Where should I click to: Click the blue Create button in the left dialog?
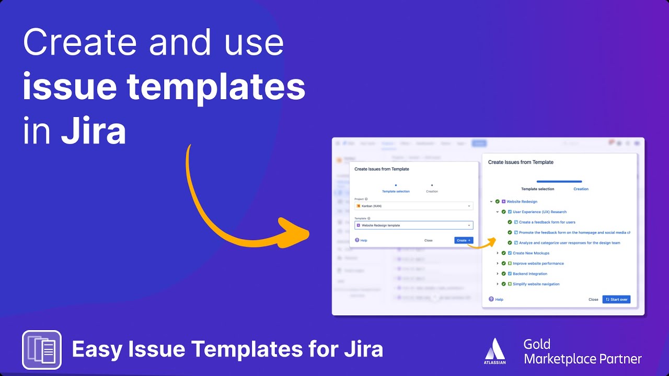[463, 240]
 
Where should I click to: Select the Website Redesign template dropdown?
[413, 225]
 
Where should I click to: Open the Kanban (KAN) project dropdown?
[413, 206]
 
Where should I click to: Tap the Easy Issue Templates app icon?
[42, 350]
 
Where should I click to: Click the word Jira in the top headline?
[94, 132]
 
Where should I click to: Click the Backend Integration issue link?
[530, 274]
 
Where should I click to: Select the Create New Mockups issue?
[531, 253]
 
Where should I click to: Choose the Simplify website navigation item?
[536, 284]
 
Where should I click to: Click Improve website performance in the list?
[538, 263]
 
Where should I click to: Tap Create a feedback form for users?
[547, 222]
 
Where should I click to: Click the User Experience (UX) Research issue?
[539, 212]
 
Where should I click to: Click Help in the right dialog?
[499, 300]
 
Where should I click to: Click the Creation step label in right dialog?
[581, 189]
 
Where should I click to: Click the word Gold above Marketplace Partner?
[537, 344]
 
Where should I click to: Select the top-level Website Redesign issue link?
[522, 202]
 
